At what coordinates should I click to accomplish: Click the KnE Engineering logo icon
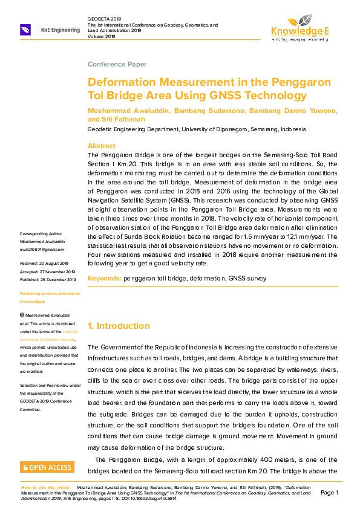(x=26, y=30)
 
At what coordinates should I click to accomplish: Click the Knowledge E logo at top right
(x=299, y=27)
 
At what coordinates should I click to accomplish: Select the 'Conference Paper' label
(x=117, y=64)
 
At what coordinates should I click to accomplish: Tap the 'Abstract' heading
(x=102, y=146)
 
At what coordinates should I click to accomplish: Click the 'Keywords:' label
(x=104, y=278)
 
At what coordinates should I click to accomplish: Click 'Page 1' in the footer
(x=329, y=493)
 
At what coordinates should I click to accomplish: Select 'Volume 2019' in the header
(x=101, y=36)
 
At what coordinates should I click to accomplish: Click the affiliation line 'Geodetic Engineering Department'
(x=133, y=129)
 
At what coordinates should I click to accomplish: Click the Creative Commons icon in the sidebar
(x=22, y=316)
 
